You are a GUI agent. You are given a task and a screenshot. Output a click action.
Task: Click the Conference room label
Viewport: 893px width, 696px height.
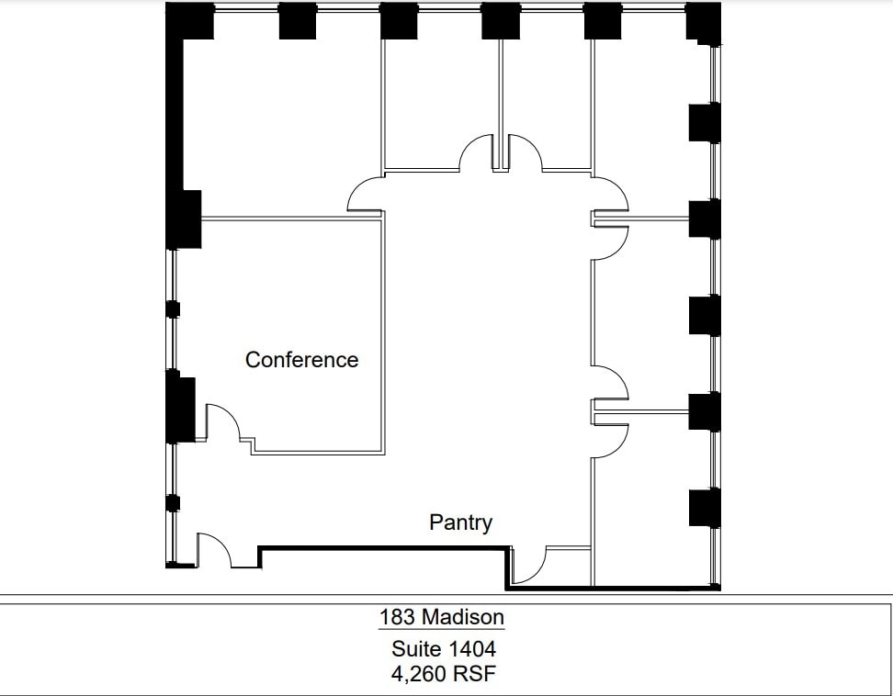(301, 360)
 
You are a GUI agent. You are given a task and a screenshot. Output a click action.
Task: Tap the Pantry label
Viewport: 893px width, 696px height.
(460, 522)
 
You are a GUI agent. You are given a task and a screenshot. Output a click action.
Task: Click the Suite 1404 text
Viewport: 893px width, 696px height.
(444, 649)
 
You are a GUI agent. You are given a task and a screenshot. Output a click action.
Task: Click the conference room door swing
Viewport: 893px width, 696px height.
(223, 422)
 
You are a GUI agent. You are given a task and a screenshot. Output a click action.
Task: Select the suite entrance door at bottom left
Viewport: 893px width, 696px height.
(215, 550)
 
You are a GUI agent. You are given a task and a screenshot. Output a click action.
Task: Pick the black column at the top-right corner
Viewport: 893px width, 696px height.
(703, 22)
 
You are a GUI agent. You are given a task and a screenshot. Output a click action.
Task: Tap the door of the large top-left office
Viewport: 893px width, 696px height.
(365, 195)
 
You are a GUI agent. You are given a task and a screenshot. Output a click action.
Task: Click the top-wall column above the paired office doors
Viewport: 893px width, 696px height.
(501, 21)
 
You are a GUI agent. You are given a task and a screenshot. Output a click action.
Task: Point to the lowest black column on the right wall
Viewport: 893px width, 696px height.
(704, 508)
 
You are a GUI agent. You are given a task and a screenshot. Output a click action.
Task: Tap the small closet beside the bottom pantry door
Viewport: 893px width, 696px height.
(569, 566)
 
